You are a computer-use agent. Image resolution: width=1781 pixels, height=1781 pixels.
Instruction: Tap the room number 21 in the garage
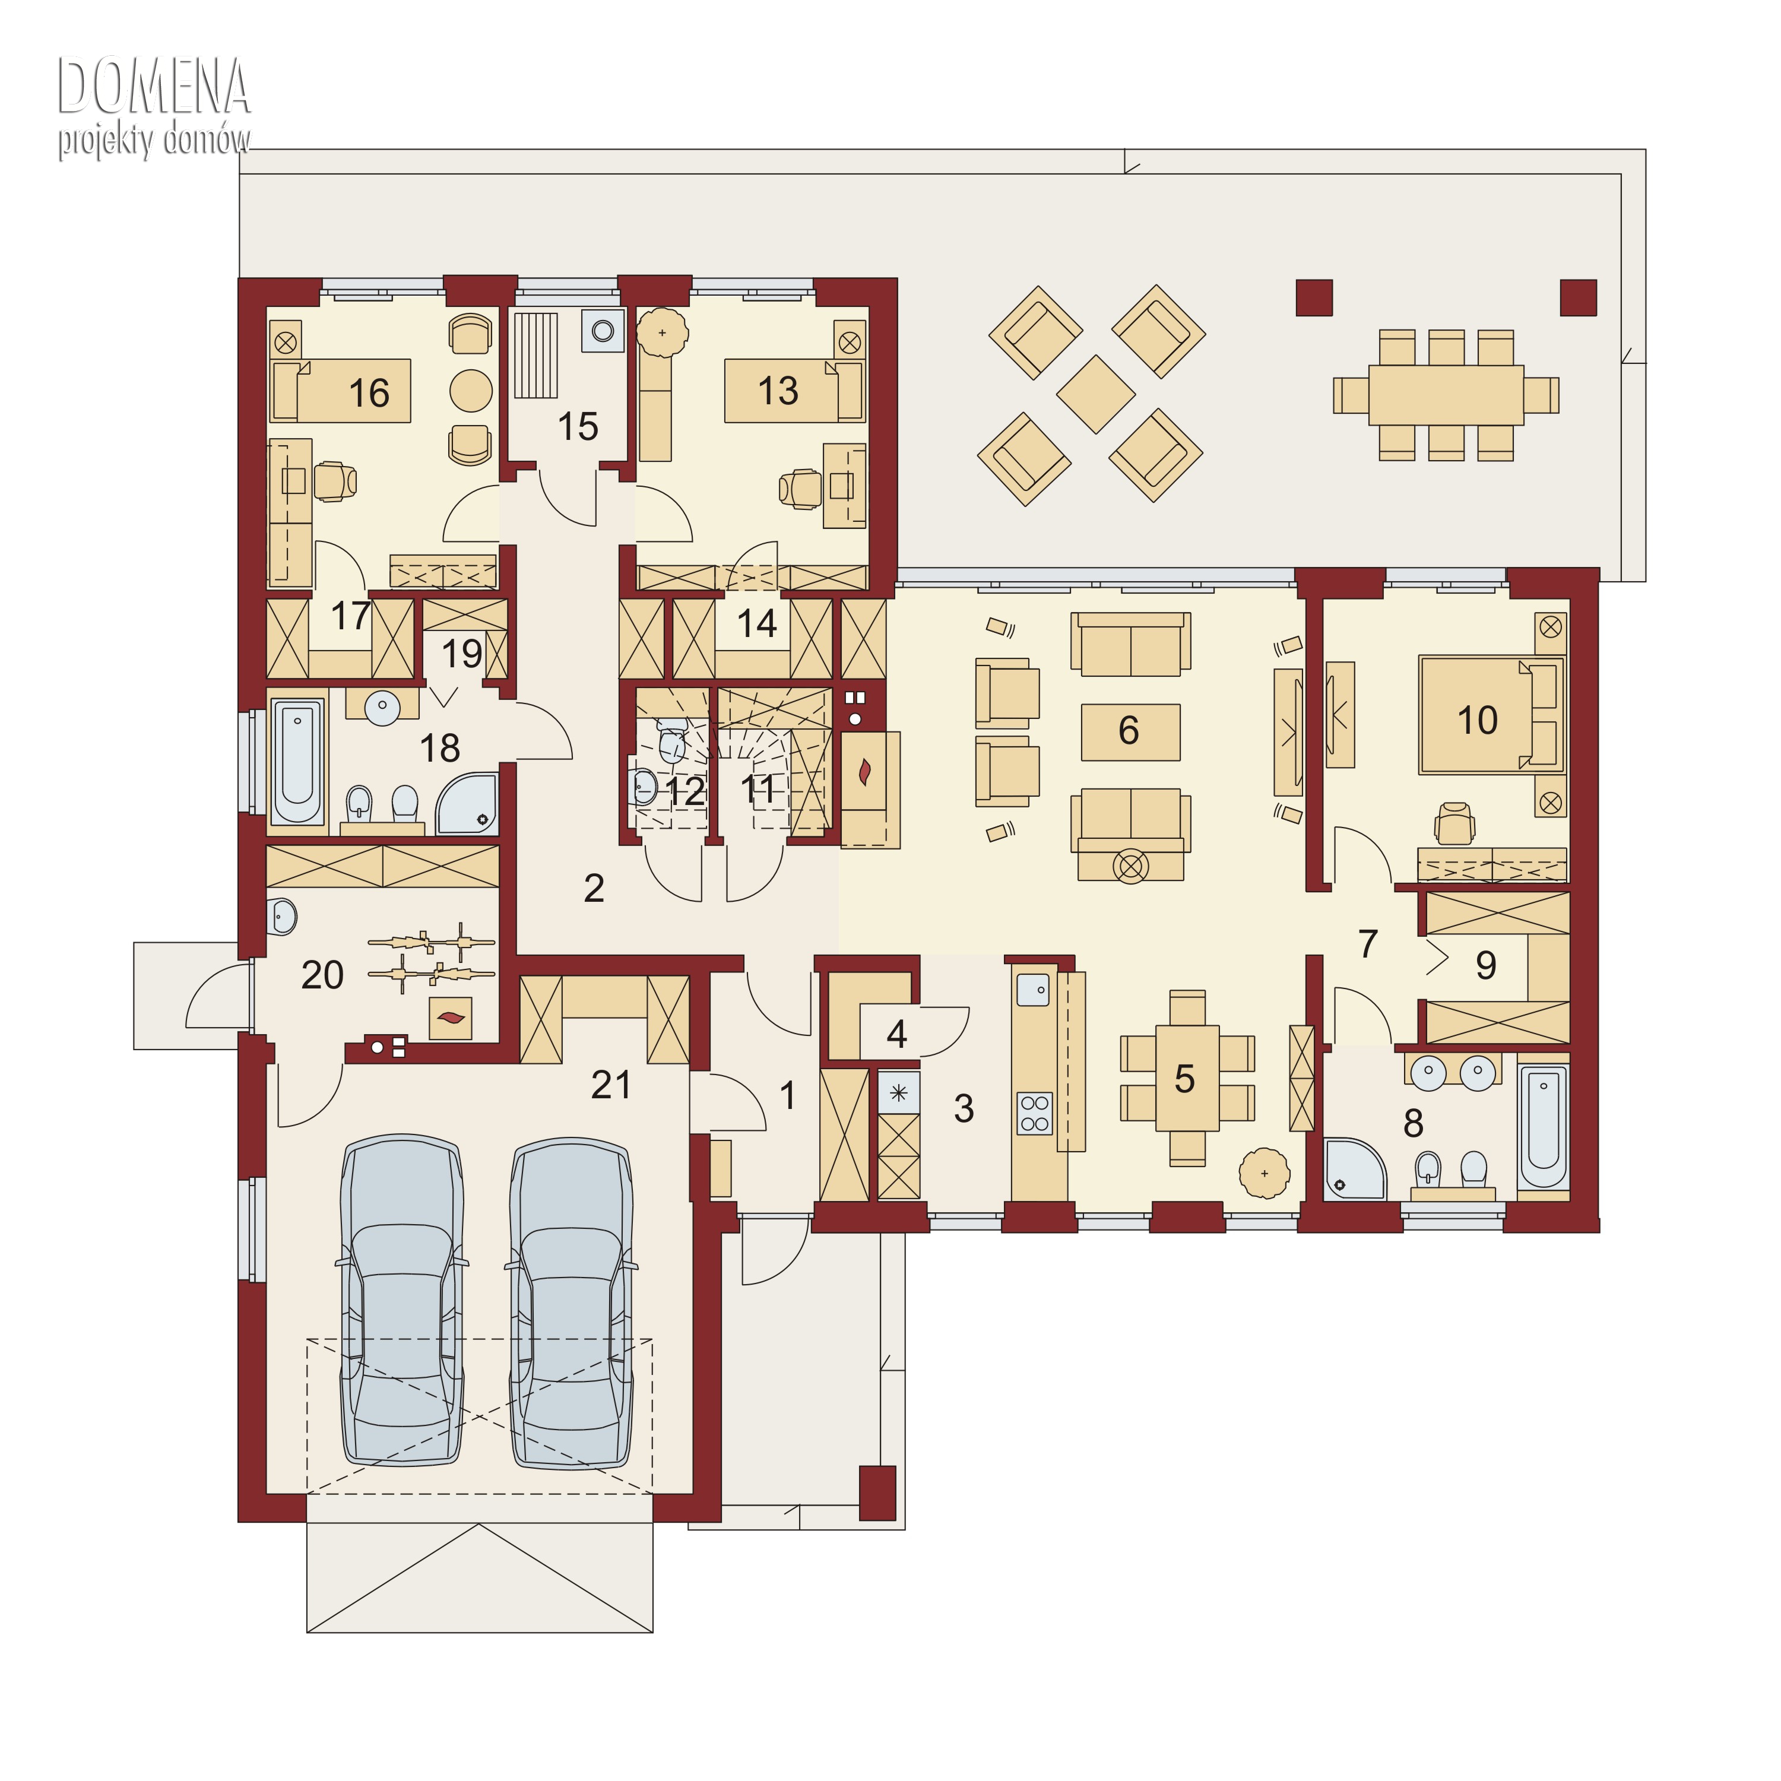coord(611,1085)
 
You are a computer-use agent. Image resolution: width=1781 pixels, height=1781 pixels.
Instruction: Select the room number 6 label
coord(1129,730)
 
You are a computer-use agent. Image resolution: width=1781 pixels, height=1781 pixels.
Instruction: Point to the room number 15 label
coord(578,427)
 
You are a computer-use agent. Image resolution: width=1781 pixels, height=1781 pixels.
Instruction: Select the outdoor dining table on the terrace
coord(1446,395)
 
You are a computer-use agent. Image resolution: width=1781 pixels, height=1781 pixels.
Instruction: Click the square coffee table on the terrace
coord(1095,395)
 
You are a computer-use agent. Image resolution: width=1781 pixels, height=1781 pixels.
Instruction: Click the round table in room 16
coord(471,391)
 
